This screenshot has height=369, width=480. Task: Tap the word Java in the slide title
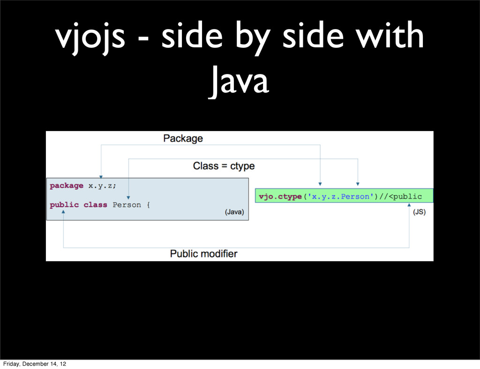click(x=239, y=81)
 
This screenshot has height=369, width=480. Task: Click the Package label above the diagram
click(x=183, y=139)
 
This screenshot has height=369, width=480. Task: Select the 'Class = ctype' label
click(x=224, y=166)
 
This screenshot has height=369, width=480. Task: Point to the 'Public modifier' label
click(x=203, y=254)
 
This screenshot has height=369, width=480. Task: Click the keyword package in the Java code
click(x=67, y=185)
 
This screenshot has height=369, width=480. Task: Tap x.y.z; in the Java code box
click(x=102, y=185)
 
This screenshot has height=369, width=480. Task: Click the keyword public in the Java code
click(x=64, y=205)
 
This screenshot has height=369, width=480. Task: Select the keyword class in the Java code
click(x=95, y=205)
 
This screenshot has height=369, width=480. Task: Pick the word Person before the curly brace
click(x=127, y=205)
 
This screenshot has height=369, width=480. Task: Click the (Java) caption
click(x=234, y=212)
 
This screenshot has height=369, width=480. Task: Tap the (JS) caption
click(x=419, y=212)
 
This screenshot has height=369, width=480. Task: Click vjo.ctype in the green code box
click(x=279, y=197)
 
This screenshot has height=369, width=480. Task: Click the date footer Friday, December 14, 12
click(x=33, y=363)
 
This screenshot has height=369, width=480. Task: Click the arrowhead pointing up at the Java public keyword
click(x=64, y=212)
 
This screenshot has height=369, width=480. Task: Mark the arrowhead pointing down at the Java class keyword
click(x=129, y=198)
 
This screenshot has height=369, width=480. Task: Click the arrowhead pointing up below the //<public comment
click(x=409, y=206)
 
